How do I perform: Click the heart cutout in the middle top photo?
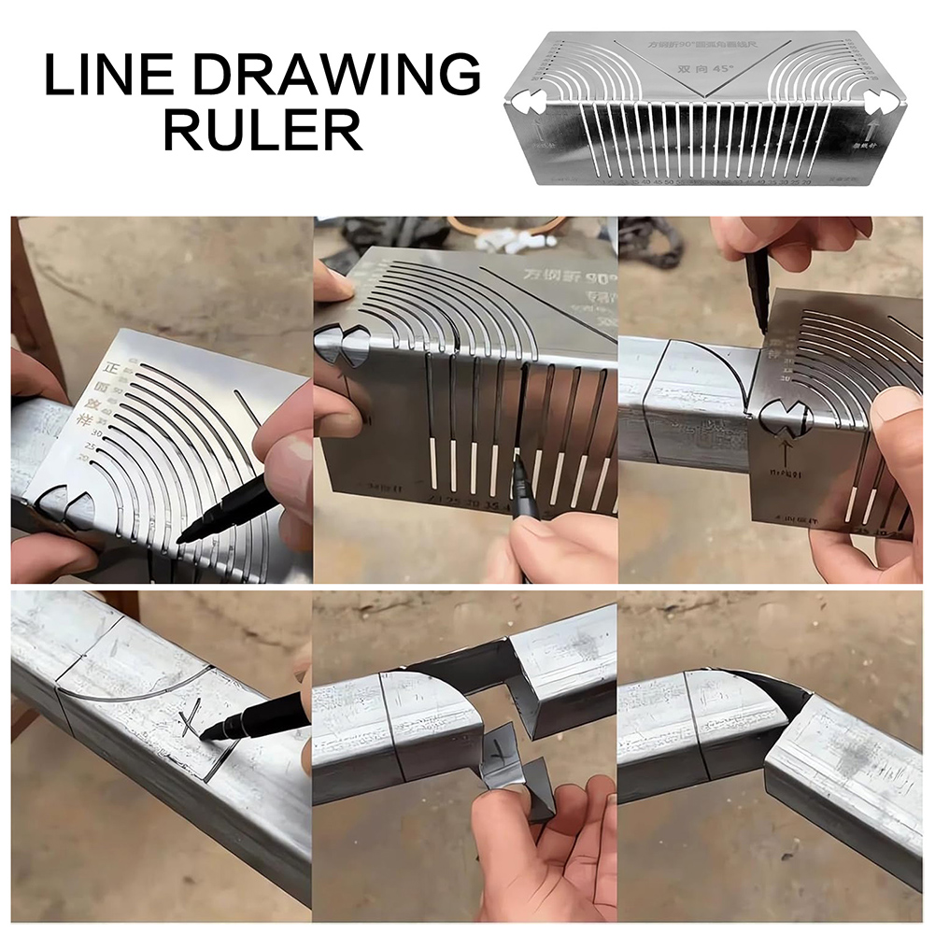(x=343, y=347)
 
